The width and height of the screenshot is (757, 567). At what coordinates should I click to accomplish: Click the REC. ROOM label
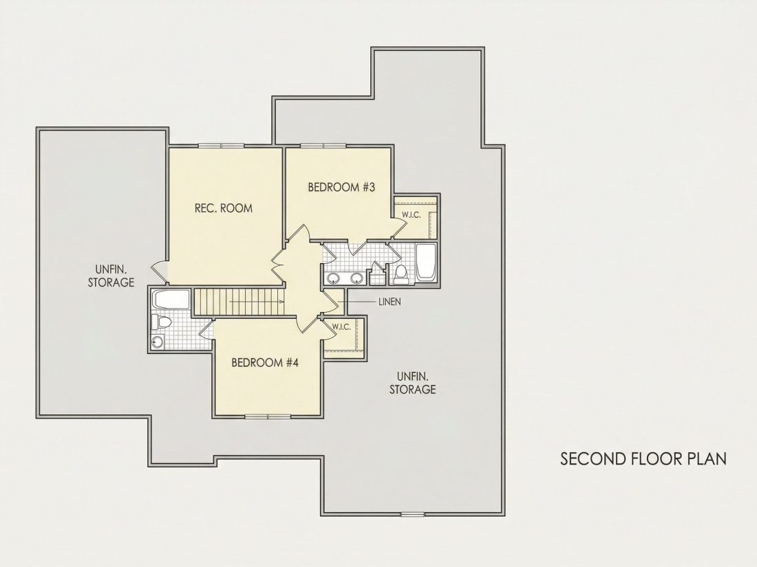[224, 208]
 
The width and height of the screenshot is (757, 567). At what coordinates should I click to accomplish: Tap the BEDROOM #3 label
[341, 187]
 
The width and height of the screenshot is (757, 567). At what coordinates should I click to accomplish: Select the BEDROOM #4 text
[265, 362]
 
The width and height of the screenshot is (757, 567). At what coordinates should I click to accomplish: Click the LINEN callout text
[390, 302]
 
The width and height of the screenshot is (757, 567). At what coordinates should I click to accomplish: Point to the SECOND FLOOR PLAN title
[643, 458]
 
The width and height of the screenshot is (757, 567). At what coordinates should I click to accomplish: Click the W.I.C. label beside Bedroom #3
[412, 215]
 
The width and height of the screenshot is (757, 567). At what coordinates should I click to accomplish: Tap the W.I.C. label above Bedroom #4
[341, 327]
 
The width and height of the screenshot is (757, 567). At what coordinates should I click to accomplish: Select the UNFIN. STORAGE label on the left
[111, 276]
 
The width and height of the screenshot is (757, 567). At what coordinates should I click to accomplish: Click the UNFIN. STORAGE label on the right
[413, 382]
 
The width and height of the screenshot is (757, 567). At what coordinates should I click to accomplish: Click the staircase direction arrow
[257, 302]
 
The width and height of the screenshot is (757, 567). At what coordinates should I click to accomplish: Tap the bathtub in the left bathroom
[171, 300]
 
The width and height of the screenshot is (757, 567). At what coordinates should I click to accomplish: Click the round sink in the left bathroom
[158, 342]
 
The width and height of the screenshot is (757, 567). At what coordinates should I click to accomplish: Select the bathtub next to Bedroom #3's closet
[426, 263]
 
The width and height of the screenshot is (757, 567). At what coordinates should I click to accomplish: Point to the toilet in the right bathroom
[401, 274]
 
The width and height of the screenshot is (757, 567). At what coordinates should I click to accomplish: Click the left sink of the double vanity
[333, 278]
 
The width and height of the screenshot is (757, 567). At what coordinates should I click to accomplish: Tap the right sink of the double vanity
[356, 278]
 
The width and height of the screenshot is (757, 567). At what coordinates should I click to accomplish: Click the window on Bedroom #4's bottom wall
[268, 416]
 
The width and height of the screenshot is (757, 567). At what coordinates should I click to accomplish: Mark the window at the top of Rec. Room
[222, 145]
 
